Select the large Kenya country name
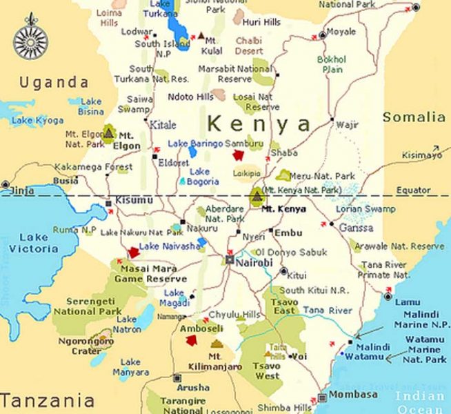coord(259,124)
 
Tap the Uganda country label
coord(54,83)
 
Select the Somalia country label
coord(414,117)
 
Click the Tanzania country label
coord(47,400)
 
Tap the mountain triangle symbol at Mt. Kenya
coord(257,196)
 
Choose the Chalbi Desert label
coord(249,46)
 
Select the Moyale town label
coord(341,32)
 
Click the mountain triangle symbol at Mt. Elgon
coord(108,131)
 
